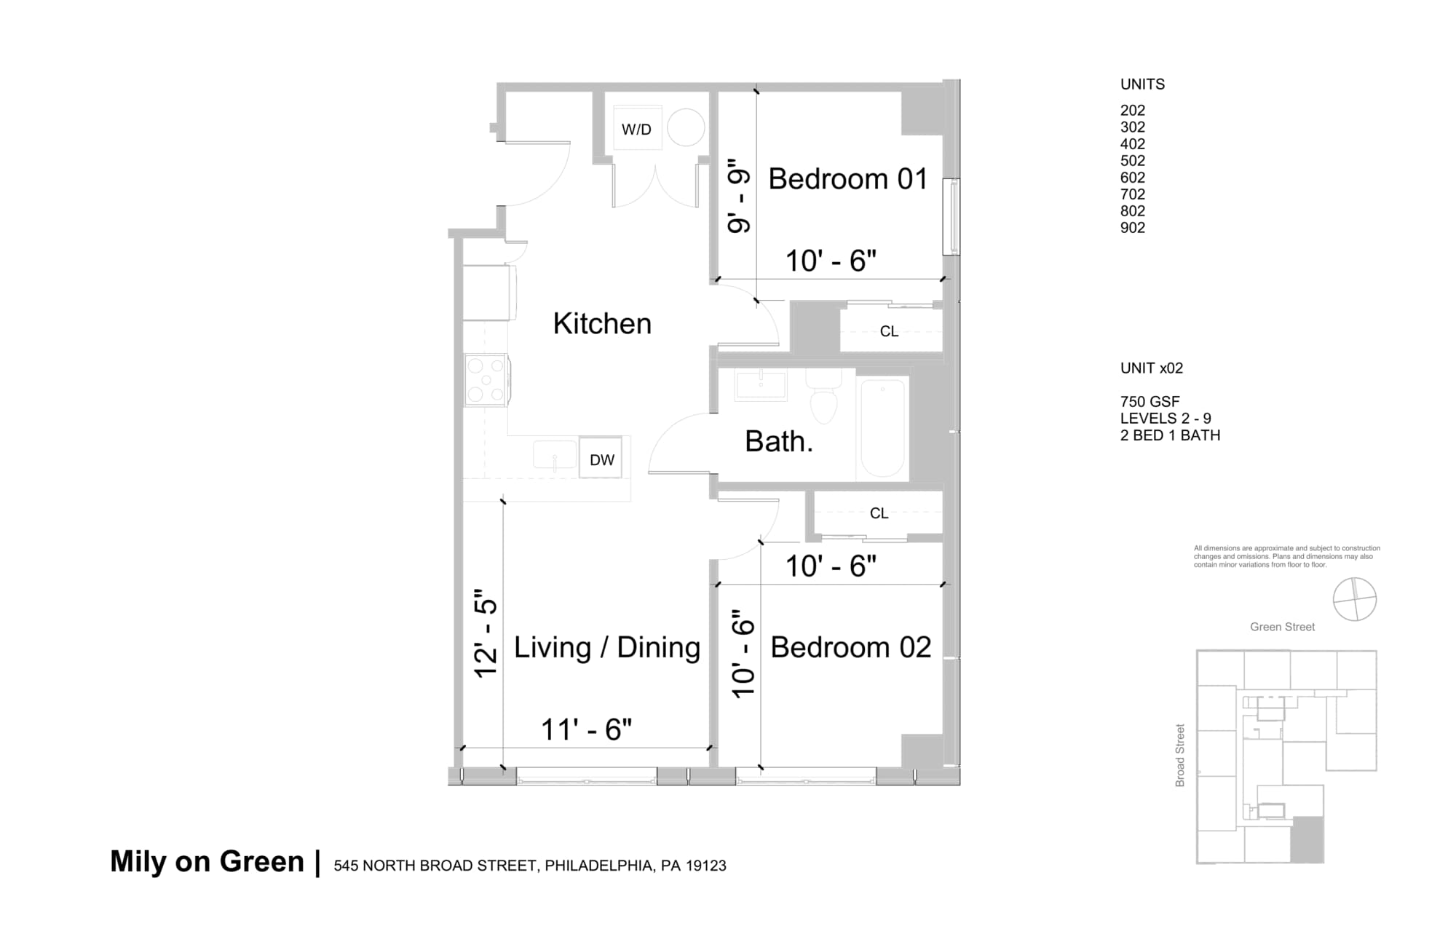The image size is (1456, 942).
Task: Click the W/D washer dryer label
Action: (636, 130)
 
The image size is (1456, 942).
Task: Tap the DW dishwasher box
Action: (601, 459)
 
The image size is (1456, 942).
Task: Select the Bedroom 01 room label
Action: (848, 179)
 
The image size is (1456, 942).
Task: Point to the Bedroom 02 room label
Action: (850, 647)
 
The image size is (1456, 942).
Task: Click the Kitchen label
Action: (602, 324)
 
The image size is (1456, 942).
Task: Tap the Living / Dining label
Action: (607, 647)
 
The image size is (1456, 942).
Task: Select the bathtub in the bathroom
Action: (882, 428)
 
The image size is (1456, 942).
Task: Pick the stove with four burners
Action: (486, 380)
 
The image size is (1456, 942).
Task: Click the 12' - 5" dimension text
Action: (486, 633)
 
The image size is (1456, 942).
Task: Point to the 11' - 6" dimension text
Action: (586, 729)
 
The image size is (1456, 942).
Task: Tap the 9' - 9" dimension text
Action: (739, 197)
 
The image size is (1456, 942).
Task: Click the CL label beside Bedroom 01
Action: (889, 332)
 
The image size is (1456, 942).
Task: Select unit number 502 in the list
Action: (1132, 161)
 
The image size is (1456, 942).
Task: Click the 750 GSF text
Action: (1150, 402)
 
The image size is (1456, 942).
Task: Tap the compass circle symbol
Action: (1354, 599)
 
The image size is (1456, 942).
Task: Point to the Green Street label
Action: (1282, 627)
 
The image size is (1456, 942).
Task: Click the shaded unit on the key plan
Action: (1307, 839)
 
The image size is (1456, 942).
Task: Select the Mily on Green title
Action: (207, 862)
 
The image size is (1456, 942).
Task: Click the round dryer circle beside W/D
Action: (686, 127)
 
